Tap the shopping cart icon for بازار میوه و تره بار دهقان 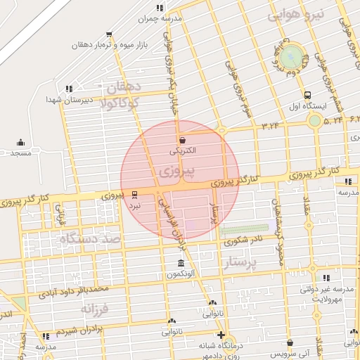108,33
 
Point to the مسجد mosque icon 20,141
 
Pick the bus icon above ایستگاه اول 307,96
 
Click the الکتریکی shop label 184,150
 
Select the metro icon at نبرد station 134,195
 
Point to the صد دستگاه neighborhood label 91,239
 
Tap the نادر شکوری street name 243,241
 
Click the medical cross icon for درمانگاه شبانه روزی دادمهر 221,335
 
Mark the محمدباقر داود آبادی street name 74,291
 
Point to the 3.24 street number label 270,125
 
